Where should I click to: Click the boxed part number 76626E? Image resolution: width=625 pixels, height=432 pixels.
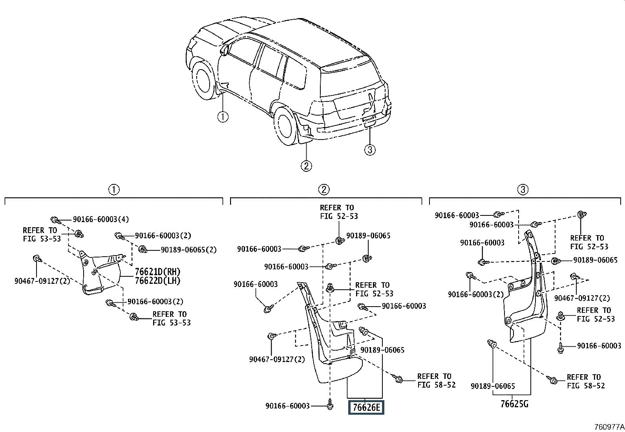[x=366, y=408]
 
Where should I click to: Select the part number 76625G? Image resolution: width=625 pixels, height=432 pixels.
[x=517, y=404]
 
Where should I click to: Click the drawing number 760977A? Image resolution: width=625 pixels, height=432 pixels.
[x=609, y=426]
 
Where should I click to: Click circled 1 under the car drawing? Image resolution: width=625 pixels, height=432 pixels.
[x=223, y=117]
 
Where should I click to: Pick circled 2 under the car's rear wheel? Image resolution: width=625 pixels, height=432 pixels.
[x=306, y=166]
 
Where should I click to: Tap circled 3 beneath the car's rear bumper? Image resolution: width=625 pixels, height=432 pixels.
[x=370, y=149]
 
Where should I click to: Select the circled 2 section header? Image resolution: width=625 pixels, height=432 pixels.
[x=323, y=190]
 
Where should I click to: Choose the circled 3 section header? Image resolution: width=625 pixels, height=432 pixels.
[x=523, y=190]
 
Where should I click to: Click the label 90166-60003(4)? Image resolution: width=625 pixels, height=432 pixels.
[x=101, y=219]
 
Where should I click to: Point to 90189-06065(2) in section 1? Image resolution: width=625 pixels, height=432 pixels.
[x=188, y=250]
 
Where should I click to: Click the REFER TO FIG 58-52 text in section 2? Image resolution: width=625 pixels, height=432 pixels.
[x=436, y=381]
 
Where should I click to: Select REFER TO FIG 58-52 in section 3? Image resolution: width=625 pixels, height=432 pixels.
[x=586, y=381]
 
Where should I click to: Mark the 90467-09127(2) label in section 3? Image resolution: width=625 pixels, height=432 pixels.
[x=582, y=298]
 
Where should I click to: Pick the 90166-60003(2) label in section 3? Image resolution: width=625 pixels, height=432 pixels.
[x=475, y=294]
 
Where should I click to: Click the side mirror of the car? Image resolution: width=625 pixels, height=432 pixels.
[x=225, y=50]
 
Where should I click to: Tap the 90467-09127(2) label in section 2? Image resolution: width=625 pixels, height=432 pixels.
[x=277, y=359]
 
